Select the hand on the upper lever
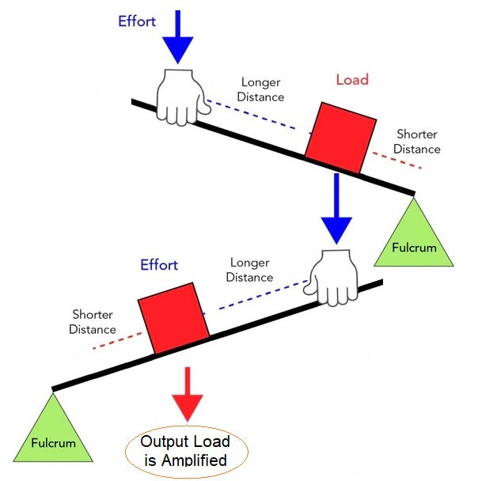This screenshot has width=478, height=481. [x=181, y=97]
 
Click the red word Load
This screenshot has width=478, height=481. [x=352, y=80]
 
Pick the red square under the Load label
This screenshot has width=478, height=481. [x=340, y=136]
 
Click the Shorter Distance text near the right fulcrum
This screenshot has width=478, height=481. [x=417, y=142]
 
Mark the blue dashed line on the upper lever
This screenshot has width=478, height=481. [x=253, y=115]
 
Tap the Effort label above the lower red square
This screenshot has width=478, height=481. [x=159, y=265]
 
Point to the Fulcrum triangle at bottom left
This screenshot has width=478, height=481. [x=54, y=432]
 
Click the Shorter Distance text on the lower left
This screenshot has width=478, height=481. [x=93, y=322]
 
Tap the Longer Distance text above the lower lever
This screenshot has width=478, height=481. [x=250, y=270]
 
